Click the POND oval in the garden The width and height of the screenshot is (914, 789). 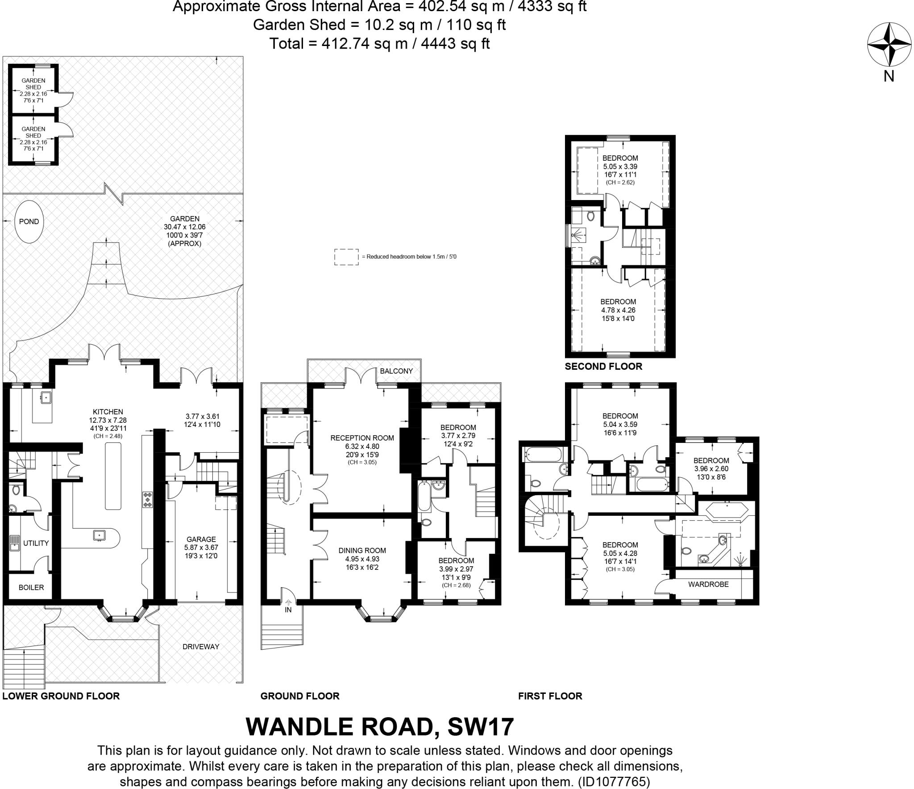tap(29, 221)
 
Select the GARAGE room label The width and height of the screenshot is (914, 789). tap(201, 539)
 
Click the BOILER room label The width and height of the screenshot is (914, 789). tap(31, 587)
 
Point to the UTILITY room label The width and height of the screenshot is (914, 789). tap(36, 543)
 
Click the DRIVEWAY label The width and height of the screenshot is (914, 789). tap(200, 646)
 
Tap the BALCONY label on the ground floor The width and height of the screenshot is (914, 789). tap(396, 371)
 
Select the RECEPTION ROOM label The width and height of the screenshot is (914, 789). tap(362, 438)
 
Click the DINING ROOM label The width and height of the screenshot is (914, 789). tap(362, 550)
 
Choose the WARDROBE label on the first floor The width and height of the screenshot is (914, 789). tap(708, 584)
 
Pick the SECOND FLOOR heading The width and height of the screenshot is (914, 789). tap(603, 366)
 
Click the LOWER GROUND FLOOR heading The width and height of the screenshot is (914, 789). tap(61, 696)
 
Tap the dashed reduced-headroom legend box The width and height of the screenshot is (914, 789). tap(346, 257)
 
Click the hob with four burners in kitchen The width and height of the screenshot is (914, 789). tap(147, 499)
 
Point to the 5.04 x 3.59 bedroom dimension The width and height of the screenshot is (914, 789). tap(620, 425)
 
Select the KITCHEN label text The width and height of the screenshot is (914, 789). tap(108, 412)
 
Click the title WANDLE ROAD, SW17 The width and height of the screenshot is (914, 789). tap(380, 726)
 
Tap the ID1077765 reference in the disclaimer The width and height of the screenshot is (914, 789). tap(614, 781)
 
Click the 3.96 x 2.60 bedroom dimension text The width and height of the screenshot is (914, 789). tap(711, 469)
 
